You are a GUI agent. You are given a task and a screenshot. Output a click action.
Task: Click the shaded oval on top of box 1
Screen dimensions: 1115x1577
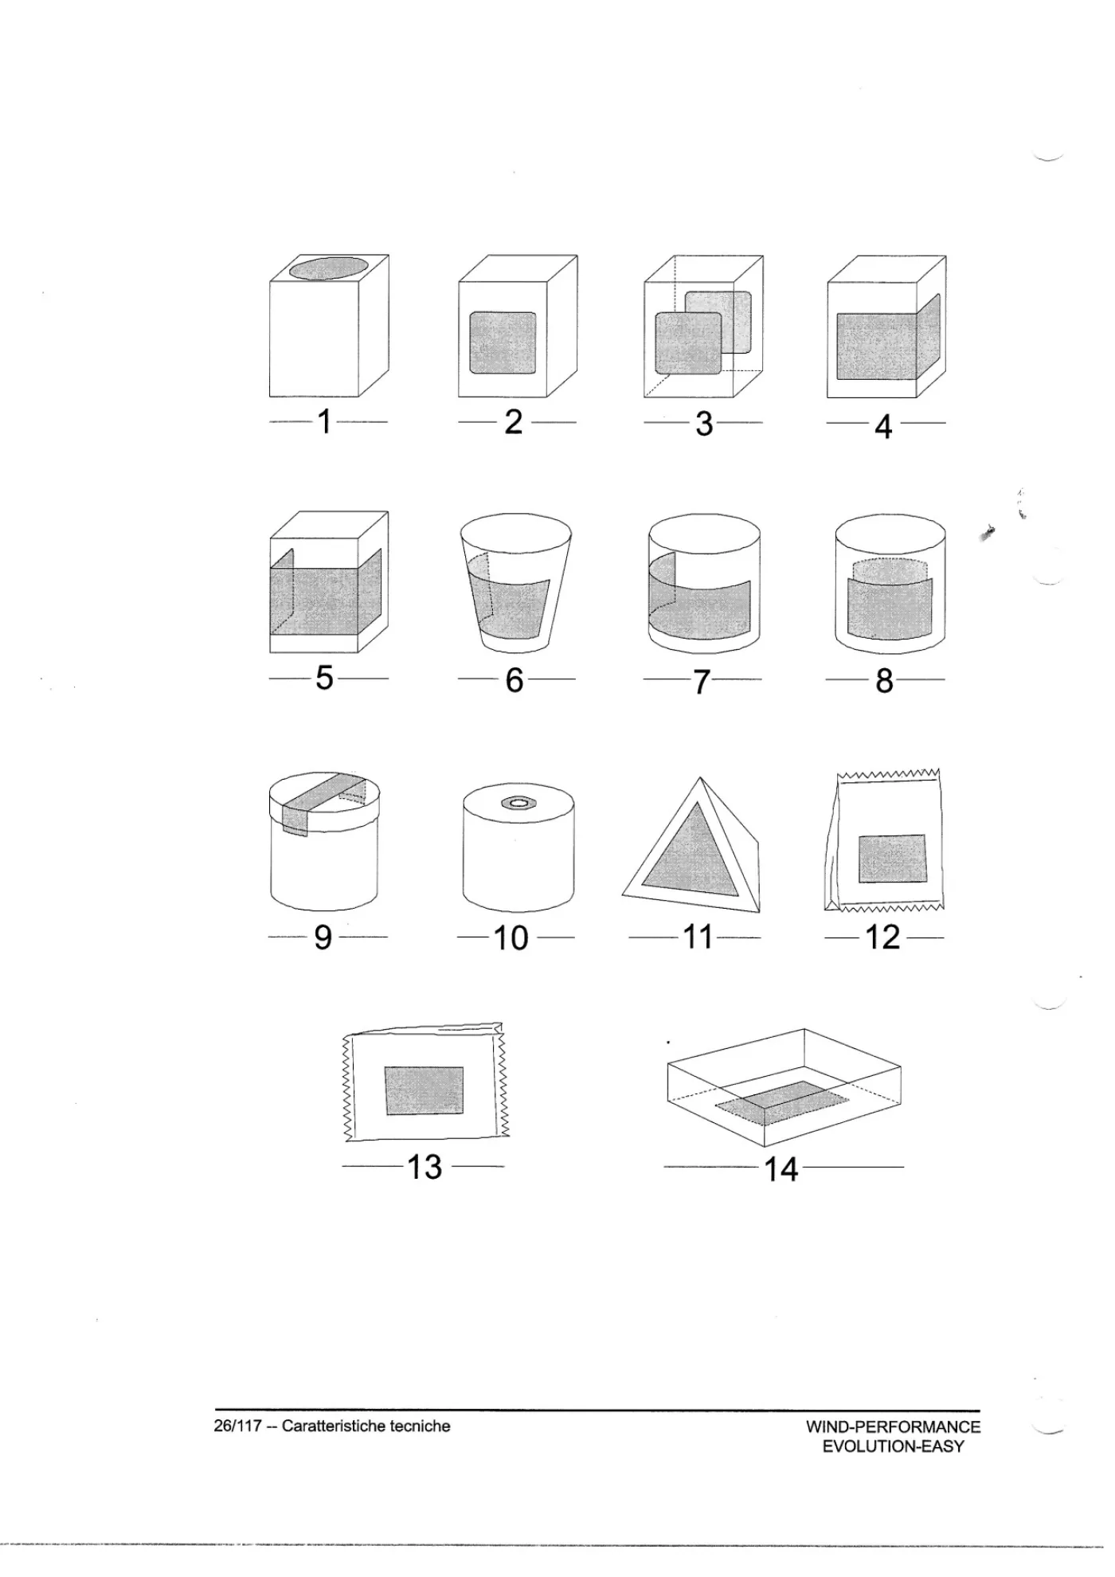pyautogui.click(x=329, y=268)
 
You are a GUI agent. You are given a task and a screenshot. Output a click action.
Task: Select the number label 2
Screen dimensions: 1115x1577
pyautogui.click(x=514, y=421)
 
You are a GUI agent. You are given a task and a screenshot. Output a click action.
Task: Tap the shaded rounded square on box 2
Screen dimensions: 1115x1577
pyautogui.click(x=503, y=342)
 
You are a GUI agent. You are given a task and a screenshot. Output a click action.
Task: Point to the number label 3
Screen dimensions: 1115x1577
pyautogui.click(x=704, y=423)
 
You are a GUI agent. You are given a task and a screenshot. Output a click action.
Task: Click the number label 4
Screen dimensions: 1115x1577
pyautogui.click(x=883, y=426)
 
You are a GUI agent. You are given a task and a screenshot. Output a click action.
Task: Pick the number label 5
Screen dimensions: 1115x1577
pyautogui.click(x=324, y=678)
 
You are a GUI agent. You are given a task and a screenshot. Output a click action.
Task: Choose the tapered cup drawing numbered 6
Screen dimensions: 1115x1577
pyautogui.click(x=516, y=582)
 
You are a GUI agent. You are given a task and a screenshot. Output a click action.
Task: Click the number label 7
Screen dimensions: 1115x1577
pyautogui.click(x=701, y=682)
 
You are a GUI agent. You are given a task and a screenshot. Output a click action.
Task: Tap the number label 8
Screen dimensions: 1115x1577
pyautogui.click(x=884, y=681)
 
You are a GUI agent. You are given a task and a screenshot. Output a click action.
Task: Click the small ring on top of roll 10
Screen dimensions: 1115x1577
pyautogui.click(x=518, y=803)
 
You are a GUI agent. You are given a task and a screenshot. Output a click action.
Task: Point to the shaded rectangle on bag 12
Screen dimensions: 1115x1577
pyautogui.click(x=892, y=858)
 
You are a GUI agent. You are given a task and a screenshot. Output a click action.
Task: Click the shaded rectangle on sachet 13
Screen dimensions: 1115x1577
pyautogui.click(x=424, y=1090)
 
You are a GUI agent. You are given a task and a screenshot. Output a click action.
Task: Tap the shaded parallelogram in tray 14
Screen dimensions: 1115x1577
pyautogui.click(x=783, y=1102)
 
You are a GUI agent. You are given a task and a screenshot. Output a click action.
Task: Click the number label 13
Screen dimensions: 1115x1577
pyautogui.click(x=424, y=1167)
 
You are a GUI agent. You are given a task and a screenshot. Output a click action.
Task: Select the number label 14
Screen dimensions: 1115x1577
pyautogui.click(x=780, y=1169)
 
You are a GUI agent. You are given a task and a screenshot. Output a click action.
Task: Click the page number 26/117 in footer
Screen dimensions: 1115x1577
pyautogui.click(x=238, y=1426)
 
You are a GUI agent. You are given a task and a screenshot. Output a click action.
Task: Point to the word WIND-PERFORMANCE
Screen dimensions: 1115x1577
pyautogui.click(x=894, y=1426)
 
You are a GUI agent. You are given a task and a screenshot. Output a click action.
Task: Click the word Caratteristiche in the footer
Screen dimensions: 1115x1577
pyautogui.click(x=334, y=1426)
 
